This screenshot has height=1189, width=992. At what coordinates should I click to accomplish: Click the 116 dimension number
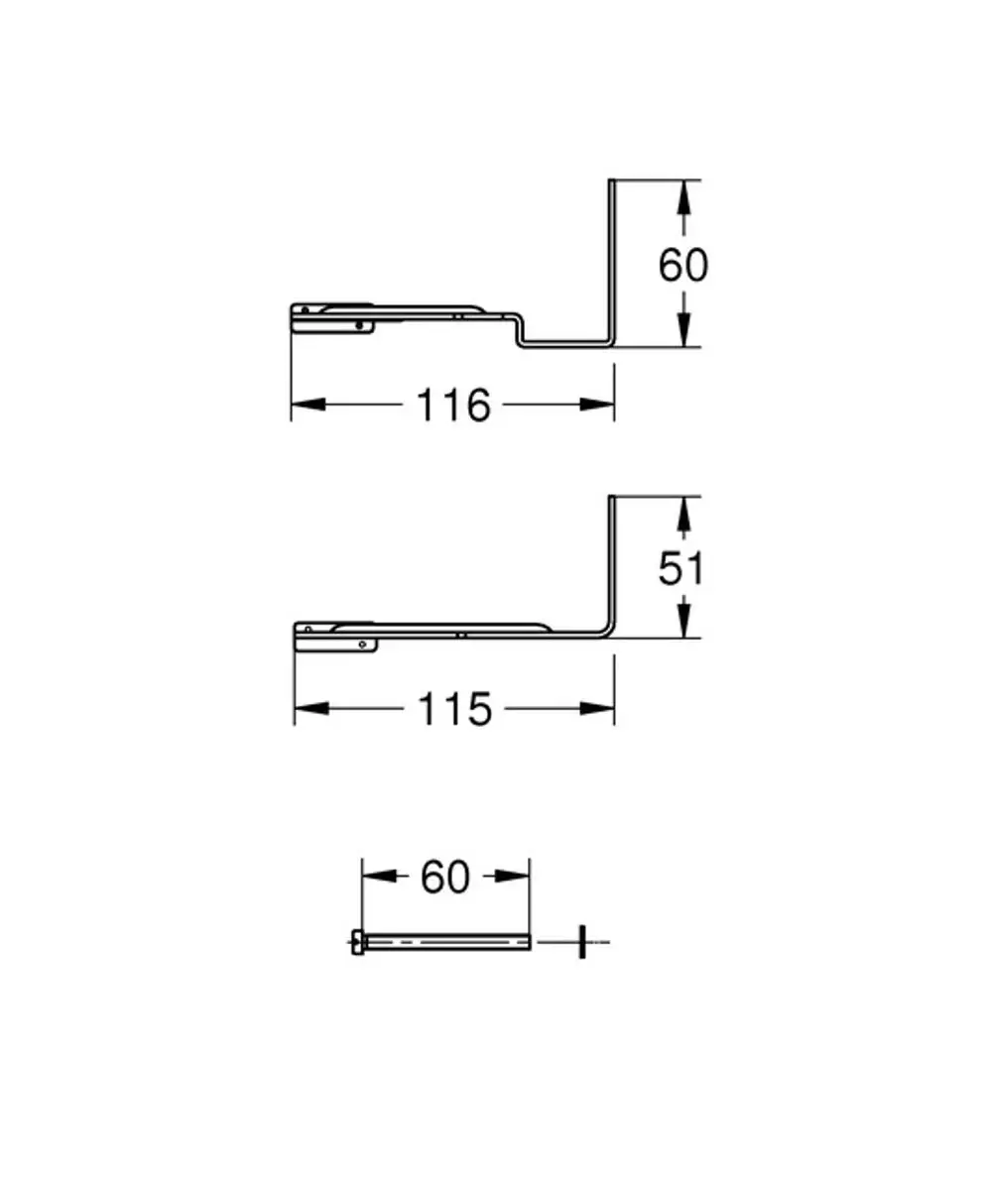tap(453, 405)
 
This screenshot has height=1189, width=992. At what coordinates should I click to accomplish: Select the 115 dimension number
tap(455, 709)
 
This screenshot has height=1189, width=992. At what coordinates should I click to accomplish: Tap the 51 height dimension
tap(681, 569)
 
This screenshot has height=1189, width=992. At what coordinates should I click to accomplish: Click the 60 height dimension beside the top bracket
tap(682, 265)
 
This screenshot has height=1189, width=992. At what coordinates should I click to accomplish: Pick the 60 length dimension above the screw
tap(445, 877)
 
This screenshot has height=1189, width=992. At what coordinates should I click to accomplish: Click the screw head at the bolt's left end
tap(357, 942)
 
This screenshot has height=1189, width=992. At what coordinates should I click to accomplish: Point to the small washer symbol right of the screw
tap(581, 942)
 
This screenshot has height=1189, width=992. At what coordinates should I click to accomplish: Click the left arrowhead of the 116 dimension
tap(309, 405)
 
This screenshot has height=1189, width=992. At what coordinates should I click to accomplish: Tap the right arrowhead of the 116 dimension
tap(597, 405)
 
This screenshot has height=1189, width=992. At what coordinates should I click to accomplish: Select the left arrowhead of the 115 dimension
tap(311, 709)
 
